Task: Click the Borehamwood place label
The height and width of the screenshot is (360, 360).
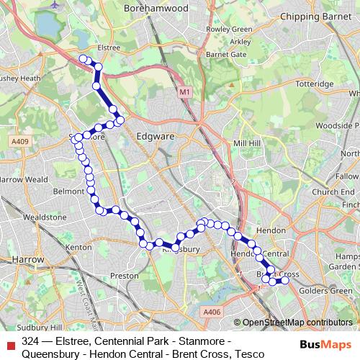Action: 156,8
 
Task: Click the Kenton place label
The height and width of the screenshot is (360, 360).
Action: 78,247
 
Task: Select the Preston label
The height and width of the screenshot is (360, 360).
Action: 125,275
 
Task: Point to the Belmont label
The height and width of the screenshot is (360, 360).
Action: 69,192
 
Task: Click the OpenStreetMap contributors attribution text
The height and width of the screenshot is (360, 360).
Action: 297,323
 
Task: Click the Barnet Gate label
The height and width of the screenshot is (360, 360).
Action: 226,54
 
